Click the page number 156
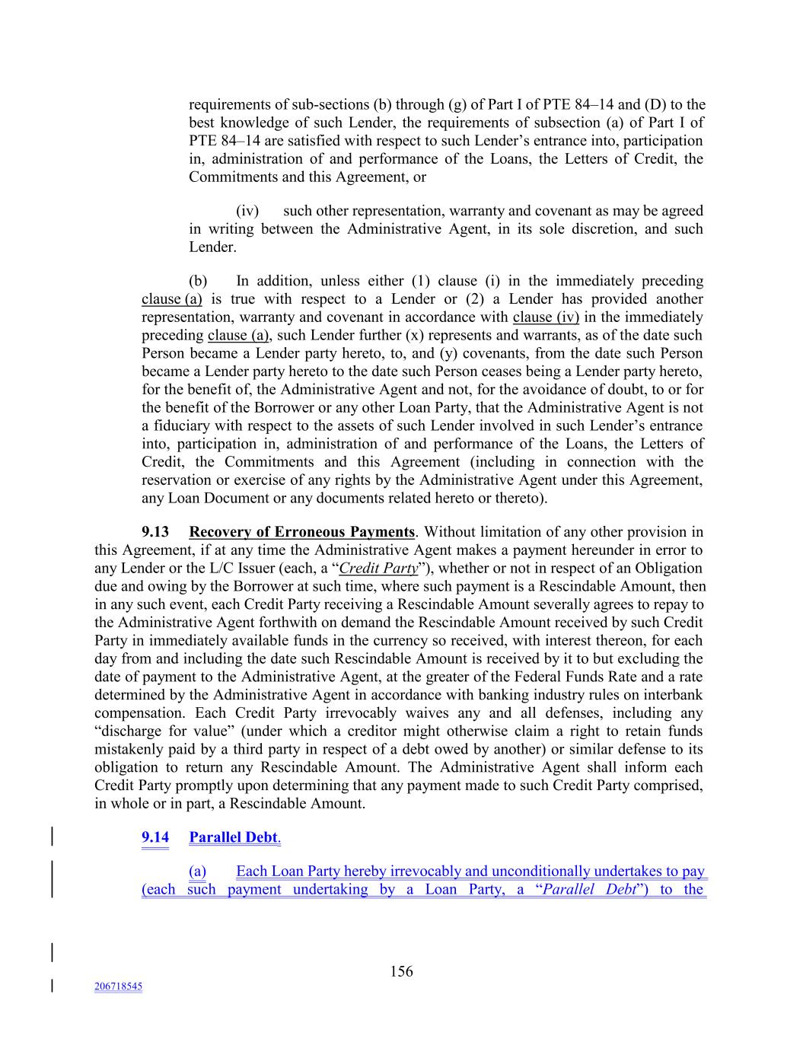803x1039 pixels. [401, 970]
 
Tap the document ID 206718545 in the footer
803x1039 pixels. [118, 986]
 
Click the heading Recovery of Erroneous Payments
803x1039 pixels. [301, 532]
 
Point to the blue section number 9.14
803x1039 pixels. [155, 837]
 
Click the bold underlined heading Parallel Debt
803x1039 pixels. [234, 837]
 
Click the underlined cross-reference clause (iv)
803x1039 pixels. [546, 317]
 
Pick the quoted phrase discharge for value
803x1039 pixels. [145, 731]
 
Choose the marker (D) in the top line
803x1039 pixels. [655, 105]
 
